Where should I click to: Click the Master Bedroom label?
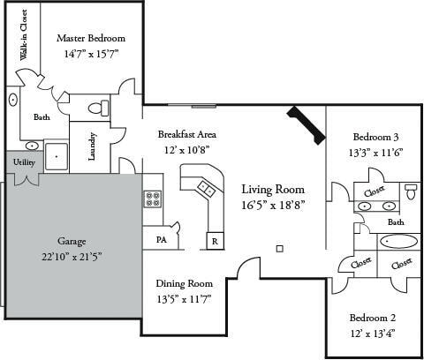coord(91,39)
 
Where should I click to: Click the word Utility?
coord(24,162)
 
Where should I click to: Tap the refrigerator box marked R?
coord(215,240)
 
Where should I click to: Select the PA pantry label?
coord(162,239)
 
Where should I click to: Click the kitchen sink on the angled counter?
coord(206,187)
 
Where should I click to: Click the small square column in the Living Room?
coord(279,249)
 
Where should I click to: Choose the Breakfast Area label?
coord(187,134)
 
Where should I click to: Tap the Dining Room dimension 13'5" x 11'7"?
coord(185,298)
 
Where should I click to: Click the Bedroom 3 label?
coord(375,137)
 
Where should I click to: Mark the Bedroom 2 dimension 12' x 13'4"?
coord(372,333)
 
